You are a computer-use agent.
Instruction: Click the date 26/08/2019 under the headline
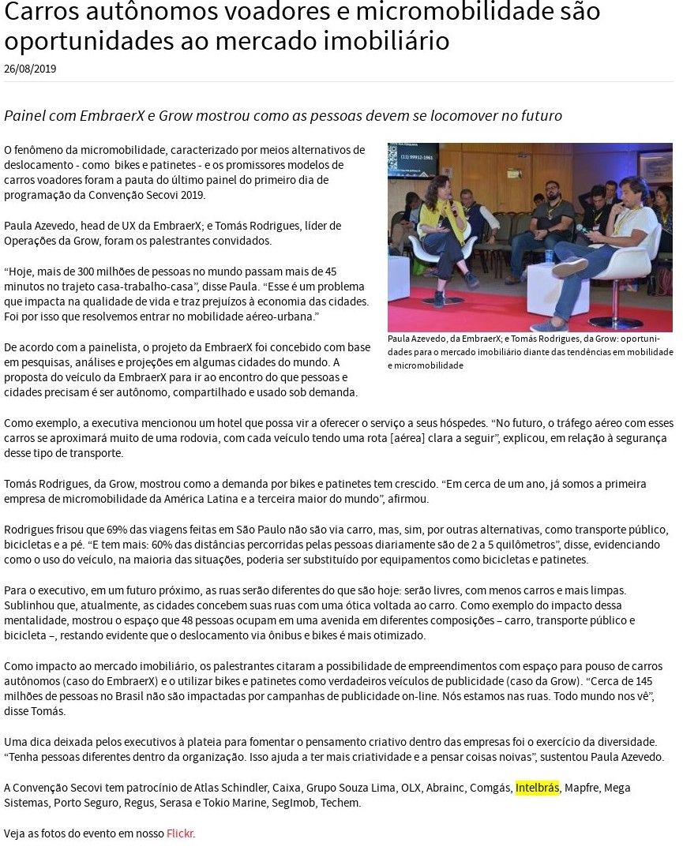30,69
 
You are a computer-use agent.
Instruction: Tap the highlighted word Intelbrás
537,788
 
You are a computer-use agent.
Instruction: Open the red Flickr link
179,833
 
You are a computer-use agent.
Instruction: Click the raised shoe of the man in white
570,267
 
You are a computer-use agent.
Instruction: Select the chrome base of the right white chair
616,322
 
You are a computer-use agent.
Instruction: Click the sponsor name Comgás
490,788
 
